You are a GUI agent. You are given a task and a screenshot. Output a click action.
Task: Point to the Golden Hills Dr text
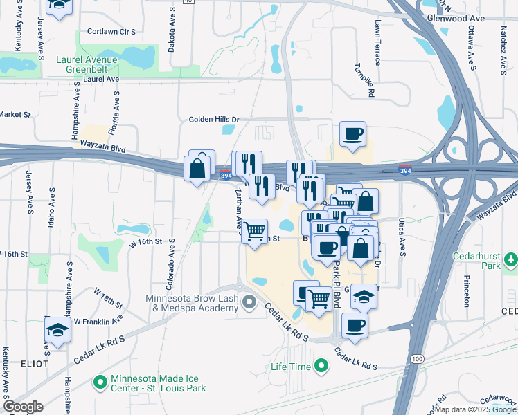click(214, 120)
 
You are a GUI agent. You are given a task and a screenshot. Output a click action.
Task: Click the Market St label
click(15, 114)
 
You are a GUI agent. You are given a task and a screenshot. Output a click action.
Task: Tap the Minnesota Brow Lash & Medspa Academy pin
click(249, 303)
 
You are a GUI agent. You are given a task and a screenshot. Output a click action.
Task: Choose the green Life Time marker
click(321, 365)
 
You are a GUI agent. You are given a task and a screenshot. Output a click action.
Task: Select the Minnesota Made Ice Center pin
click(101, 382)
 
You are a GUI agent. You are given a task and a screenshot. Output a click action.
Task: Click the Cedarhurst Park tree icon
click(510, 259)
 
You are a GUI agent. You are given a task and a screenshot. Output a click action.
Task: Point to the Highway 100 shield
click(416, 358)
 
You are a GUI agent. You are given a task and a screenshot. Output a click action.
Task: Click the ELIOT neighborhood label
click(29, 363)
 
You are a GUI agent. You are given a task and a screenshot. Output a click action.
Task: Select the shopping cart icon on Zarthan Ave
click(255, 232)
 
